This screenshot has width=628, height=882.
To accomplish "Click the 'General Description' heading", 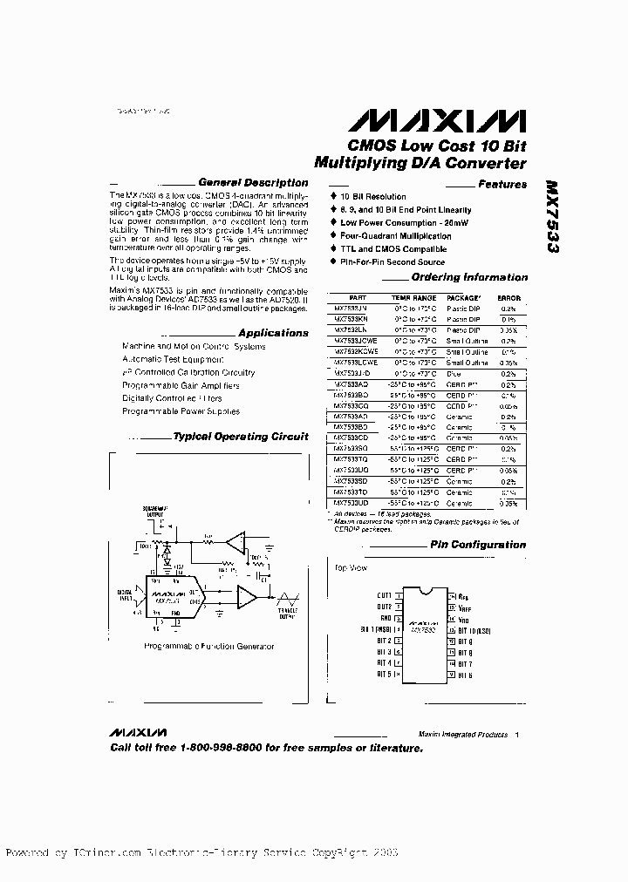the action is coord(253,183).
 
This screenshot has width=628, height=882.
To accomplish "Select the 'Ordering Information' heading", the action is coord(469,278).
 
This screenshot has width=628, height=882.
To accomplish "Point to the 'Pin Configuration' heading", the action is coord(478,545).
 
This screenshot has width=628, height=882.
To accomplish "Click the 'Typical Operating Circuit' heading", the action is coord(241,437).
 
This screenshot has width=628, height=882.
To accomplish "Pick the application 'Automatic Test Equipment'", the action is coord(173,359).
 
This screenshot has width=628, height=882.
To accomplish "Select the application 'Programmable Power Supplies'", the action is coord(181,411).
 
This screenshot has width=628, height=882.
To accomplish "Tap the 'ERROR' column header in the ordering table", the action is coord(509,297).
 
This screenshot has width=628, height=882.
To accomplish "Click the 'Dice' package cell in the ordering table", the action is coord(454,373).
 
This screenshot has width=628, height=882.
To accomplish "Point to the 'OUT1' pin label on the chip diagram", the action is coord(384,595).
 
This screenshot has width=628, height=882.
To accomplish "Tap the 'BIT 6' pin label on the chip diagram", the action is coord(465,675).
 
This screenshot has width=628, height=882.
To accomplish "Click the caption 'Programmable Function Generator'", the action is coord(208,646).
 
